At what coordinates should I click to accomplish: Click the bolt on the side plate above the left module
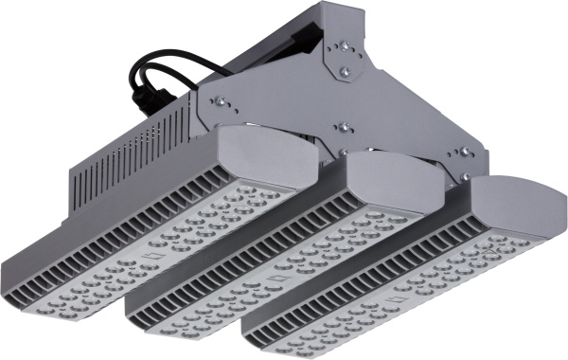click(217, 102)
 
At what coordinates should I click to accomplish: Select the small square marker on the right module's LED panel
click(397, 299)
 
